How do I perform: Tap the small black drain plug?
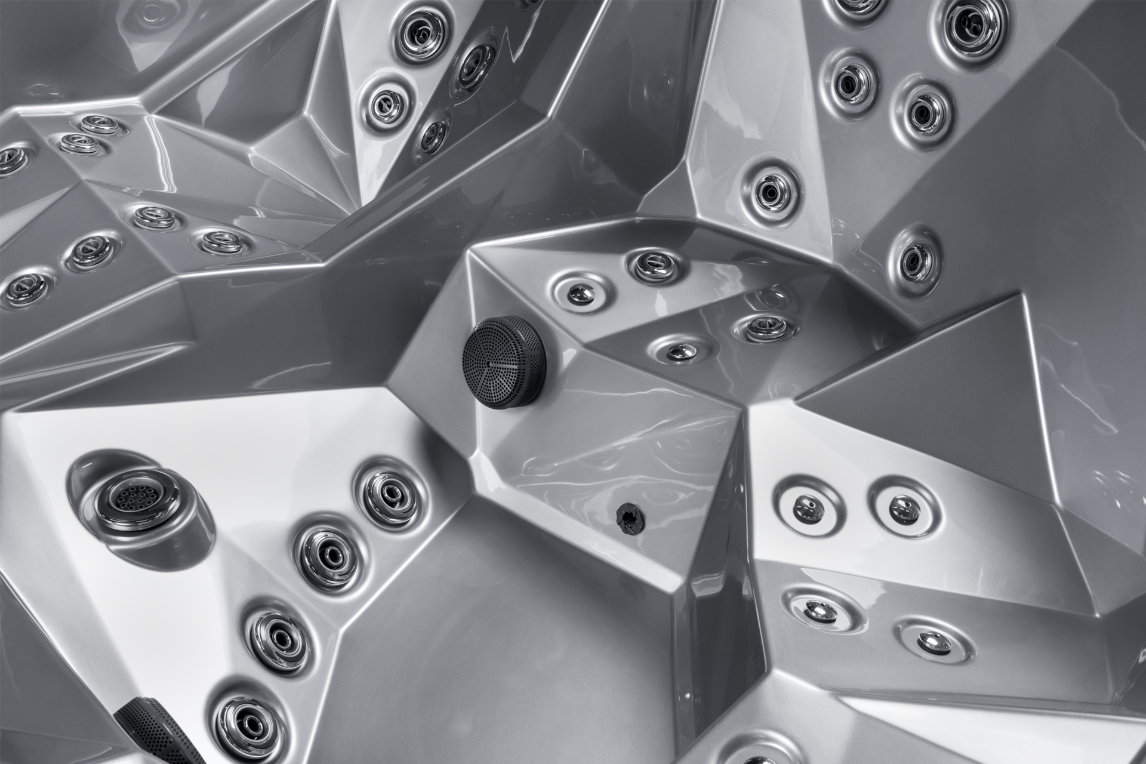point(627,514)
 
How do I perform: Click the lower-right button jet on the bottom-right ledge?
point(932,640)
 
